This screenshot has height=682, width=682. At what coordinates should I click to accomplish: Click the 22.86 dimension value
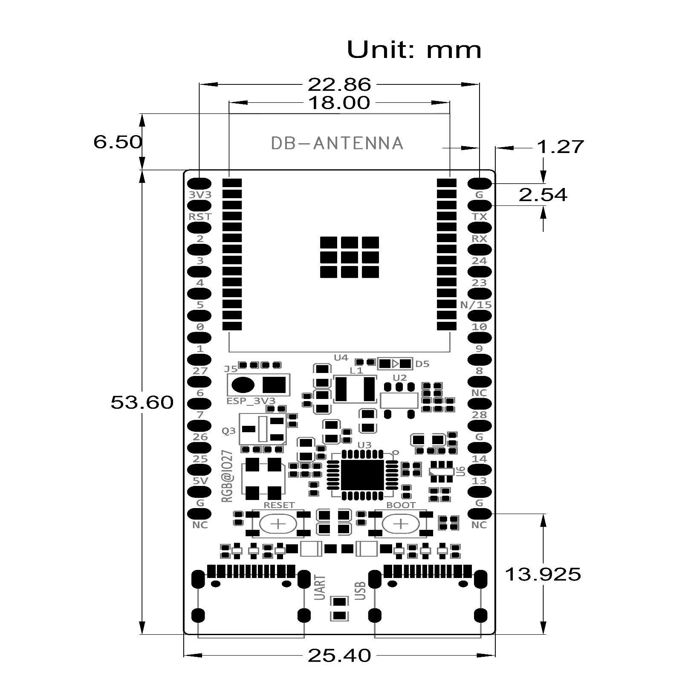point(339,84)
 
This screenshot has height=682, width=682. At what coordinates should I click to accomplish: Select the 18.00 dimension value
point(339,103)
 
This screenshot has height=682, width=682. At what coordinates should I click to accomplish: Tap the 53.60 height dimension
point(142,402)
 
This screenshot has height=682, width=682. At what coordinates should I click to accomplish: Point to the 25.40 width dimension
point(339,656)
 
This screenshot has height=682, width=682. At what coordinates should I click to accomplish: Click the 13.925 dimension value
point(543,575)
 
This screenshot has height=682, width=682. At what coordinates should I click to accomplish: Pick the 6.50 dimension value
point(118,142)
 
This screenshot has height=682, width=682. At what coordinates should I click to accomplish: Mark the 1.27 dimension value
point(560,147)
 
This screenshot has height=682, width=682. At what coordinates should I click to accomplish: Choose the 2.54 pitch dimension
point(543,195)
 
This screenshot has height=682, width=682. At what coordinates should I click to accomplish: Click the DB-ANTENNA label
point(337,143)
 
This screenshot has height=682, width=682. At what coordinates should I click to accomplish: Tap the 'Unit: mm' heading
point(414,50)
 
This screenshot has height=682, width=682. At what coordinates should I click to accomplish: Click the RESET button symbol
point(278,523)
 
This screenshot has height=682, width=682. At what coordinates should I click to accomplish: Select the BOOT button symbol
point(401,523)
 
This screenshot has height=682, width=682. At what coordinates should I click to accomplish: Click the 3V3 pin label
point(200,194)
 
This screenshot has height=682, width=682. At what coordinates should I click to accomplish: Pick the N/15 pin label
point(476,305)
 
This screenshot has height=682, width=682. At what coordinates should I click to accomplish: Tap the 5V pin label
point(200,481)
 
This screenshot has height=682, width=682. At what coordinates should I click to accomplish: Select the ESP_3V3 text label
point(251,401)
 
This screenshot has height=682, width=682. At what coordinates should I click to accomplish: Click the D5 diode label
point(422,364)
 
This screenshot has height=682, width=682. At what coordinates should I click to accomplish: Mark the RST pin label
point(200,217)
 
